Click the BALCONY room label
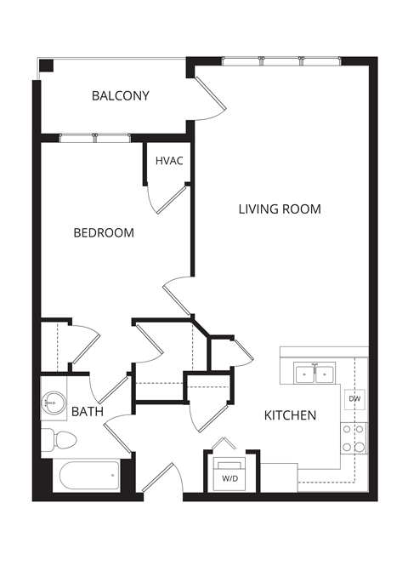120,96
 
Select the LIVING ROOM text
279,209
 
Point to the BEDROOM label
103,232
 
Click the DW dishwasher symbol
354,398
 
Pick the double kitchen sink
314,373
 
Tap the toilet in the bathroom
59,440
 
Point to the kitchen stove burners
354,438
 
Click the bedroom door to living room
178,296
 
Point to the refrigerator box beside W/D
278,477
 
